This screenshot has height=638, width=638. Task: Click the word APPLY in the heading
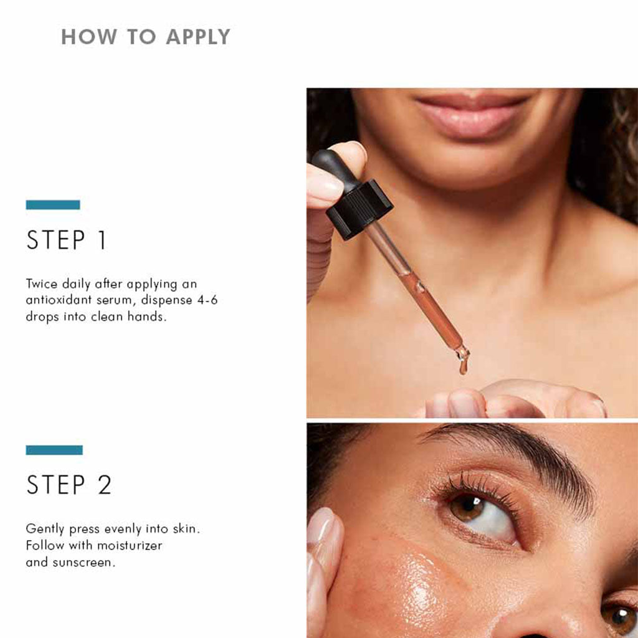coord(198,37)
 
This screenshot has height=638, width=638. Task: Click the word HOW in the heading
coord(88,37)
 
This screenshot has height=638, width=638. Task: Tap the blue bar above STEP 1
coord(53,204)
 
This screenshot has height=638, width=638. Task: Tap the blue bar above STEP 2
coord(54,450)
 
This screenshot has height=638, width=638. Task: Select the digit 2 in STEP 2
coord(105,485)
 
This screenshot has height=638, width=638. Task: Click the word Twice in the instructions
coord(42,283)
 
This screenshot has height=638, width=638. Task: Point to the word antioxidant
coord(59,300)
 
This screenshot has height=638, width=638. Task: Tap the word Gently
coord(45,529)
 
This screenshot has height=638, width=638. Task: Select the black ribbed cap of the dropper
coord(359,209)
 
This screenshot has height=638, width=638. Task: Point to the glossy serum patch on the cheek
coord(415,586)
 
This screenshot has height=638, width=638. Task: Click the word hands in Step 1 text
coord(146,317)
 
